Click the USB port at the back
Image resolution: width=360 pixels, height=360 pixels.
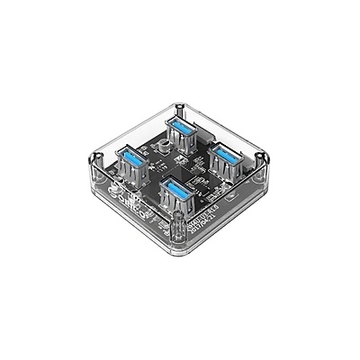[186, 135]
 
